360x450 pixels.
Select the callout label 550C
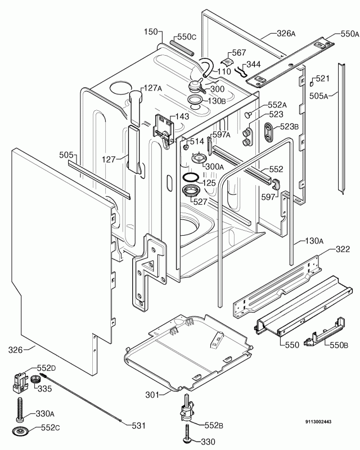(186, 37)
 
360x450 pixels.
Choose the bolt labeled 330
(186, 438)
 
